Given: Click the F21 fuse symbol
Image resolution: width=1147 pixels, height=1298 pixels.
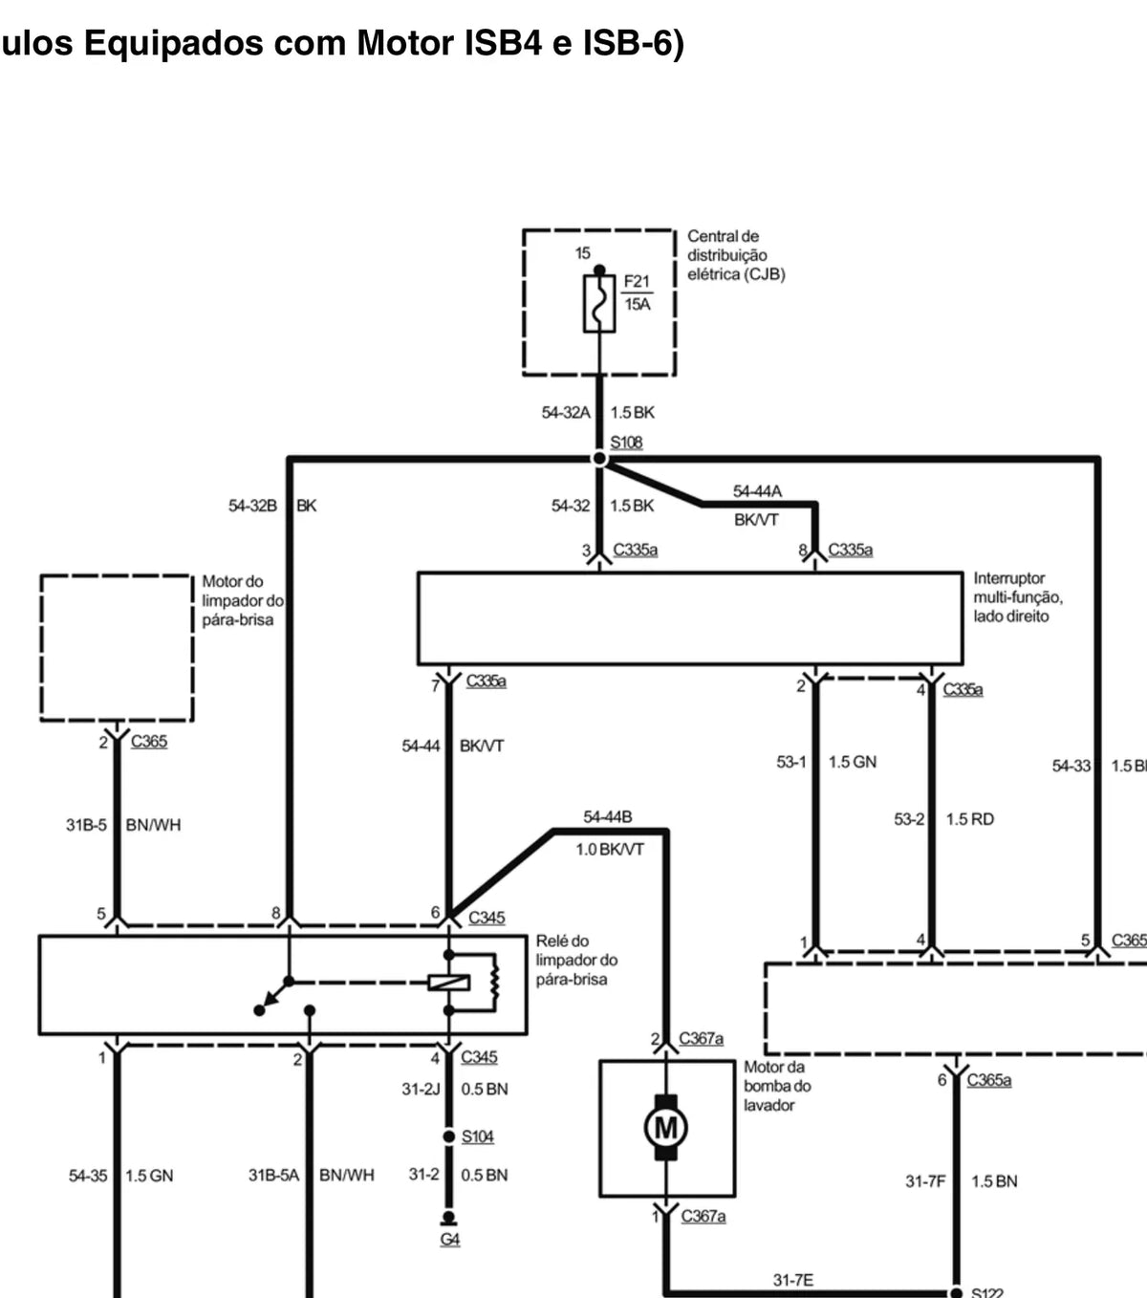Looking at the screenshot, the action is tap(599, 304).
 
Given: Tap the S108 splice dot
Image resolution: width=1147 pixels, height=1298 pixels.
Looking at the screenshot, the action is tap(599, 459).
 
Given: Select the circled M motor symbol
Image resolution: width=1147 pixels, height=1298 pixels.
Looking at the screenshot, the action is tap(666, 1127).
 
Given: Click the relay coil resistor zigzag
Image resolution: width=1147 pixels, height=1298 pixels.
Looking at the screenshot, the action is tap(495, 983).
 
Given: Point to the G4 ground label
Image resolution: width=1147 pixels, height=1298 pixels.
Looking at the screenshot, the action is tap(450, 1240).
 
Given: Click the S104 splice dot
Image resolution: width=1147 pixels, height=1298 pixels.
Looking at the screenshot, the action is tap(449, 1136).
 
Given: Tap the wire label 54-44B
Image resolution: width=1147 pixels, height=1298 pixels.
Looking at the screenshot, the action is tap(608, 817).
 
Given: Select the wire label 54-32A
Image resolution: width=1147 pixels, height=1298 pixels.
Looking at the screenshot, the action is tap(566, 413).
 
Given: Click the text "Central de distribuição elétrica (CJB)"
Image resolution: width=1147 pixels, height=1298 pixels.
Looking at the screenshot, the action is tap(736, 255).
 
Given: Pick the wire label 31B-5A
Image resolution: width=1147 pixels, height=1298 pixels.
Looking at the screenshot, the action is tap(273, 1175).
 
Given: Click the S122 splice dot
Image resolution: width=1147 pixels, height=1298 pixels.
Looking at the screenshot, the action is tap(956, 1293).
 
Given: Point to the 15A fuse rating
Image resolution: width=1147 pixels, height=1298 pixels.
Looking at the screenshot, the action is tap(638, 304).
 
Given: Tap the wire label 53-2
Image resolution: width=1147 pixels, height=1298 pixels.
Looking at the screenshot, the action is tap(909, 819).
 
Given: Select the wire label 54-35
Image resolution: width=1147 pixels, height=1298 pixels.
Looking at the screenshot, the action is tap(88, 1176).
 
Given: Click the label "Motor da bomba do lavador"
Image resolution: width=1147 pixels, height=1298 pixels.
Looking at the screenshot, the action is tap(777, 1086).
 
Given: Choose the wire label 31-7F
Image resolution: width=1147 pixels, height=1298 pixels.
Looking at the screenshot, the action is tap(925, 1181).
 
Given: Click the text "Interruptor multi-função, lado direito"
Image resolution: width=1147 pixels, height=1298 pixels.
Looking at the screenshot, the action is tap(1018, 597).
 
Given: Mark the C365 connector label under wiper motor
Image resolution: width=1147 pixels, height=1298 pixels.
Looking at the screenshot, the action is tap(149, 742).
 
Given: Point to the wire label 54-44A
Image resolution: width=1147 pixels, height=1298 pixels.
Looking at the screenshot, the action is tap(757, 491).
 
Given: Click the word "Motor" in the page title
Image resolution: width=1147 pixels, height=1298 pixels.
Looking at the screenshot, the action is tap(404, 43).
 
